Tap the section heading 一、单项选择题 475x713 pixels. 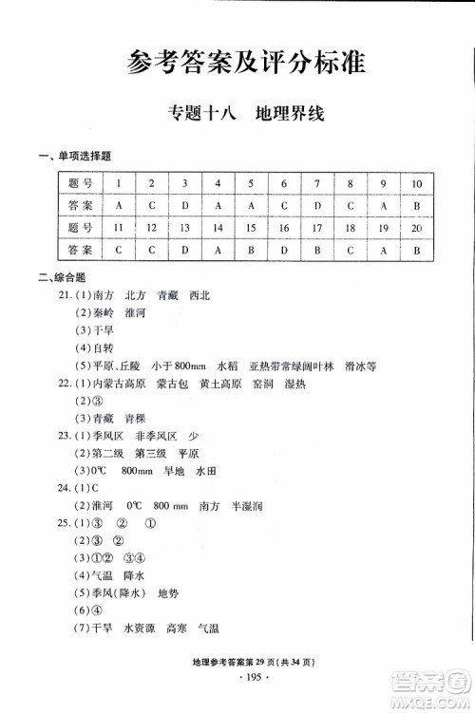73,156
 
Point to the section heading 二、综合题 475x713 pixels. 60,277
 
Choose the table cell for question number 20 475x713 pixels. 416,228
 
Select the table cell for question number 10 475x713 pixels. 416,183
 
